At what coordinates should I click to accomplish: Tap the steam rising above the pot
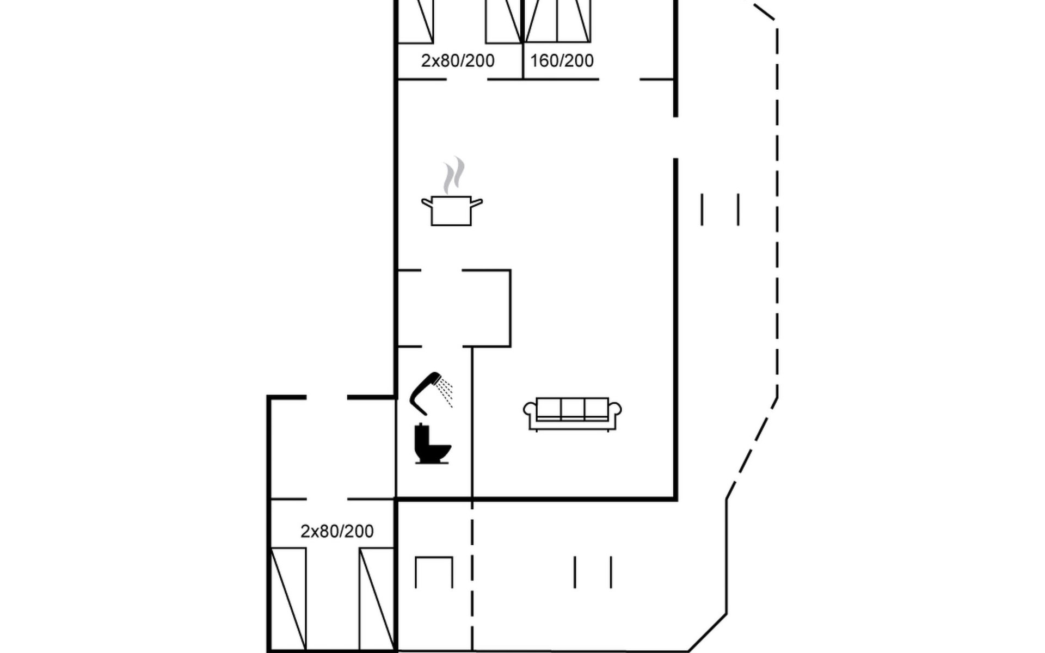453,175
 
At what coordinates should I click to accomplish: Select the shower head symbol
426,393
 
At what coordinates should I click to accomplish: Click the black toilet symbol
432,444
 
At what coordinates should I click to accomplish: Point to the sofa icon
572,414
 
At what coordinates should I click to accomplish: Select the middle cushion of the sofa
573,408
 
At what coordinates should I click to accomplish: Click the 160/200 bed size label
562,60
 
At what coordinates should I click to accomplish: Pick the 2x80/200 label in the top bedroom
458,60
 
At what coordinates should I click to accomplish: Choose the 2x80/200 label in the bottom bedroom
337,531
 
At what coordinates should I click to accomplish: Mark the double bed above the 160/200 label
557,21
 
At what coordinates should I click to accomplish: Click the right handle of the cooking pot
477,204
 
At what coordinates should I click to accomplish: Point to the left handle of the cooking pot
427,204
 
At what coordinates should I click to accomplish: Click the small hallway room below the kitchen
453,308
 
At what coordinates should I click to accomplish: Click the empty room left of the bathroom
331,448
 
